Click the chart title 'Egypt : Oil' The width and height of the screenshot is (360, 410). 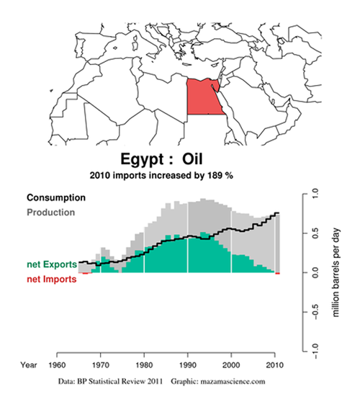point(161,159)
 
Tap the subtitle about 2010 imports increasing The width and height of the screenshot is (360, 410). point(161,175)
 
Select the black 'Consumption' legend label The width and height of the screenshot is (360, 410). point(56,197)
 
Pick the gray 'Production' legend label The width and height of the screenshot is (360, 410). point(51,213)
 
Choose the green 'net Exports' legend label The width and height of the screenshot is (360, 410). point(52,264)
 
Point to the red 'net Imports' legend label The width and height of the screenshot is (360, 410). point(52,280)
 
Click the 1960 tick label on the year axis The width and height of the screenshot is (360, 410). point(57,365)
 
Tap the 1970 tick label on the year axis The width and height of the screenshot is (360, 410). point(101,365)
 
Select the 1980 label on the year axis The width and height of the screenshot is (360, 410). point(144,365)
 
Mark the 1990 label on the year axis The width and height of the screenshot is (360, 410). point(188,365)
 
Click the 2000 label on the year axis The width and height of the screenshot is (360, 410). point(231,365)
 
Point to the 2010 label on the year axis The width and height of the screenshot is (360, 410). point(275,365)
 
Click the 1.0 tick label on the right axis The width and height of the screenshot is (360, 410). point(315,194)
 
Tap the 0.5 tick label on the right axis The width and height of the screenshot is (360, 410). point(315,233)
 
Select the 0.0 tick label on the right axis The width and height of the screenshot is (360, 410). point(315,272)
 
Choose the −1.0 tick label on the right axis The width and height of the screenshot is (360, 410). point(315,351)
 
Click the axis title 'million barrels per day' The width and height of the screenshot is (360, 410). point(336,272)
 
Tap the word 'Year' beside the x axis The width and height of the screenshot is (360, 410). point(29,365)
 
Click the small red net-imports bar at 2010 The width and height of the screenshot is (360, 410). point(277,274)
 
